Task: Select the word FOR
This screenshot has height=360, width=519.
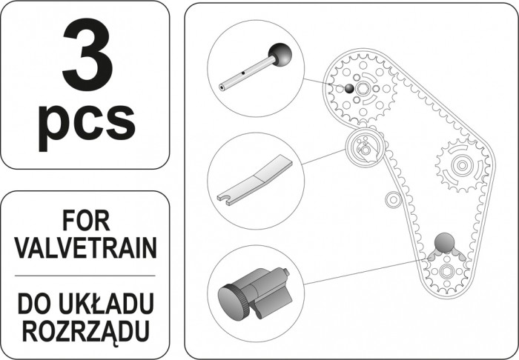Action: click(86, 221)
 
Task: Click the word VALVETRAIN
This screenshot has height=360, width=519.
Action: click(86, 248)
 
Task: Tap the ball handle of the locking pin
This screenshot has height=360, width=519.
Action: click(280, 55)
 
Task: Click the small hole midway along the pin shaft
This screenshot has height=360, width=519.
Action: click(243, 73)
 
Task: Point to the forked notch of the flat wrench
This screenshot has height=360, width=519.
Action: click(225, 199)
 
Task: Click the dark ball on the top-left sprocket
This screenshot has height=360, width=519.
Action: click(349, 88)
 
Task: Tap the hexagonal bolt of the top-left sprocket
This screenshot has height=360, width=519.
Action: click(363, 88)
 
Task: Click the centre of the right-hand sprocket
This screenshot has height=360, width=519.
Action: click(462, 164)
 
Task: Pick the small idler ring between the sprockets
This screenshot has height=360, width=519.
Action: click(393, 199)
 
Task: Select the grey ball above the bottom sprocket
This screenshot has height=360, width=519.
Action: click(444, 243)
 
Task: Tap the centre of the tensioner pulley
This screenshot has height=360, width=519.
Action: click(365, 150)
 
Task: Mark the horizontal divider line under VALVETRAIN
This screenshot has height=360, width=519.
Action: click(85, 276)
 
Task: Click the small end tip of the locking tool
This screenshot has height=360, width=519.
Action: click(286, 272)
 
